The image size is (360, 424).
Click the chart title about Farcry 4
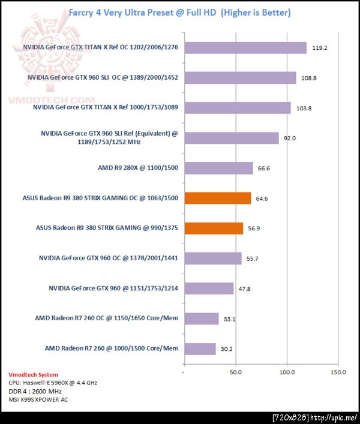(x=179, y=12)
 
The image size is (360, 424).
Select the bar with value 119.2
(x=245, y=48)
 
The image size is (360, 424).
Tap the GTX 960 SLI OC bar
(x=239, y=78)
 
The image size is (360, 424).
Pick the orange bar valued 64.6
(x=217, y=198)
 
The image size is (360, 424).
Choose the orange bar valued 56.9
(x=214, y=228)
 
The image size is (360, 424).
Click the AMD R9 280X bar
(x=218, y=168)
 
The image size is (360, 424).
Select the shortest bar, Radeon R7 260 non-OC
(x=199, y=349)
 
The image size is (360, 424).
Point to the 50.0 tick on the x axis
(x=236, y=372)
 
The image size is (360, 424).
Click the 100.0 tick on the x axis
(x=287, y=372)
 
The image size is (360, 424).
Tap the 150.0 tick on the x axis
(x=338, y=372)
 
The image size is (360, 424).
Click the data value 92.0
(x=290, y=139)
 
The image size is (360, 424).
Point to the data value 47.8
(x=245, y=289)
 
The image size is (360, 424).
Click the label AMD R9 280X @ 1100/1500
(x=138, y=168)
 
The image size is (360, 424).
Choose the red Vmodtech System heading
(x=34, y=375)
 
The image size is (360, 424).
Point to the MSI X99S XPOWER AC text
(x=38, y=399)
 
